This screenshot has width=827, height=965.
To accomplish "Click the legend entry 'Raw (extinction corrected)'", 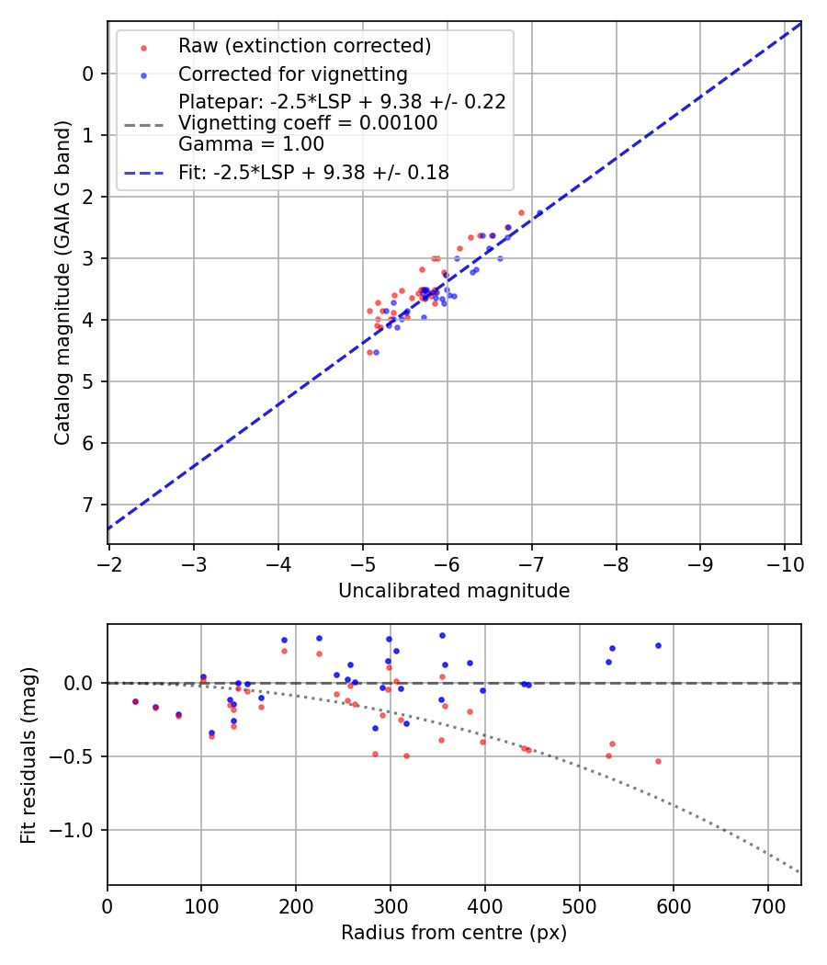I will tap(304, 46).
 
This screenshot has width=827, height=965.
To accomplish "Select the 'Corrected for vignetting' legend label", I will tap(292, 74).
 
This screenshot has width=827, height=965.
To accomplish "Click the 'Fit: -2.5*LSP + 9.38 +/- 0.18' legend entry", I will tap(313, 172).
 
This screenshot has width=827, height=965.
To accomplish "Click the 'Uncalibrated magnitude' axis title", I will tap(454, 591).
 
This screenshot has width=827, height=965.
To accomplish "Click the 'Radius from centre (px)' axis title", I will tap(454, 933).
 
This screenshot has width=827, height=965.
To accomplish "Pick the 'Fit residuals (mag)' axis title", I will tap(29, 755).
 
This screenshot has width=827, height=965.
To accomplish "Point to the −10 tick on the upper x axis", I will tap(784, 562).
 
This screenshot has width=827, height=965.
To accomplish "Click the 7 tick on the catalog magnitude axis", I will tap(88, 505).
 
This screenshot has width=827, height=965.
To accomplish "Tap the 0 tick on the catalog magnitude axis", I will tap(88, 74).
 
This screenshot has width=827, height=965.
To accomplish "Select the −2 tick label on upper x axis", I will tap(109, 562).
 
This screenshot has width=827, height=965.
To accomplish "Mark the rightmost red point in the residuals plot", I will tap(658, 761).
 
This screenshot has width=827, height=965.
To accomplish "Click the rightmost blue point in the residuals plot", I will tap(658, 645).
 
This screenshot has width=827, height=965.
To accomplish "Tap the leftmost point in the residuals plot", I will tap(135, 701).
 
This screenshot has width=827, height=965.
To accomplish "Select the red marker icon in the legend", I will tap(142, 47).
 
